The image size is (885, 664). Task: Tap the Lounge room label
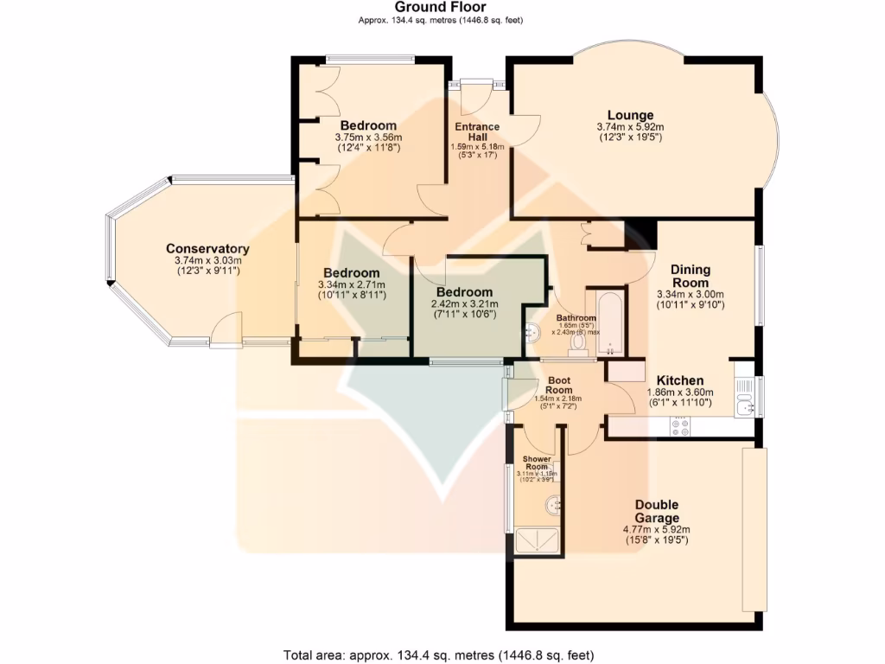630,115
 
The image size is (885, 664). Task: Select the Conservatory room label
207,249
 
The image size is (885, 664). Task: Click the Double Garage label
657,511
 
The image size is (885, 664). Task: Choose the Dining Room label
690,276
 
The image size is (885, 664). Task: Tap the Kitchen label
680,380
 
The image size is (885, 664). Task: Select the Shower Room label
537,463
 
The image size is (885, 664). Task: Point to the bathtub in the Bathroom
611,323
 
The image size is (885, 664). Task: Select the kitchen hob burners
679,426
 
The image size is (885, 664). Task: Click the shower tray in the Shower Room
538,540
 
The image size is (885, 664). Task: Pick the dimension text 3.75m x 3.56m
368,137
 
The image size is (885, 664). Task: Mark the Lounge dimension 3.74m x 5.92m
630,126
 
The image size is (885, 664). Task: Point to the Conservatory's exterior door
226,329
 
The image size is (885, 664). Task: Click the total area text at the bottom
439,654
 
